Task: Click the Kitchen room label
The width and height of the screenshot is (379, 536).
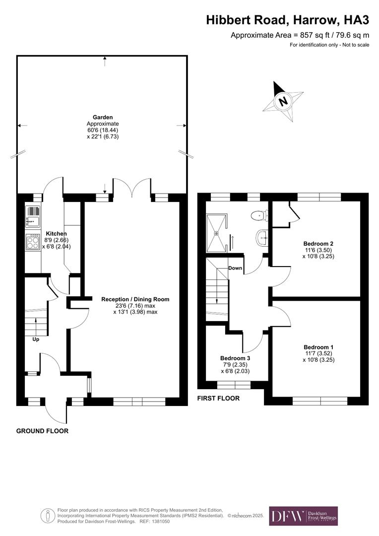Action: click(56, 233)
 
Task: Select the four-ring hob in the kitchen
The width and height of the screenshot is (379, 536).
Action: click(33, 242)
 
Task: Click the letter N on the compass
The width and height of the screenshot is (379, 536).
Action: click(283, 101)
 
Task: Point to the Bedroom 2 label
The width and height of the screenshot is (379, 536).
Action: click(318, 244)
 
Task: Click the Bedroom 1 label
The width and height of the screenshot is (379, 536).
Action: click(318, 347)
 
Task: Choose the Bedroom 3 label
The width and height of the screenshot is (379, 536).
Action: click(235, 358)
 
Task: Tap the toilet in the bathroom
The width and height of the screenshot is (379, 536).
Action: click(259, 215)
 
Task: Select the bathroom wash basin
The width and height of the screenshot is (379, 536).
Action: click(262, 238)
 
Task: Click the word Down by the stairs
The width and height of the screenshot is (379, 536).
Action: click(235, 268)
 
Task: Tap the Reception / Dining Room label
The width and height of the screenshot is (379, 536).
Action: click(135, 299)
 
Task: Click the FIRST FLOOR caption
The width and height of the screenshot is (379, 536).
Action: click(218, 398)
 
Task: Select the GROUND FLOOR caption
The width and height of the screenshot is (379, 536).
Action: click(42, 431)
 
